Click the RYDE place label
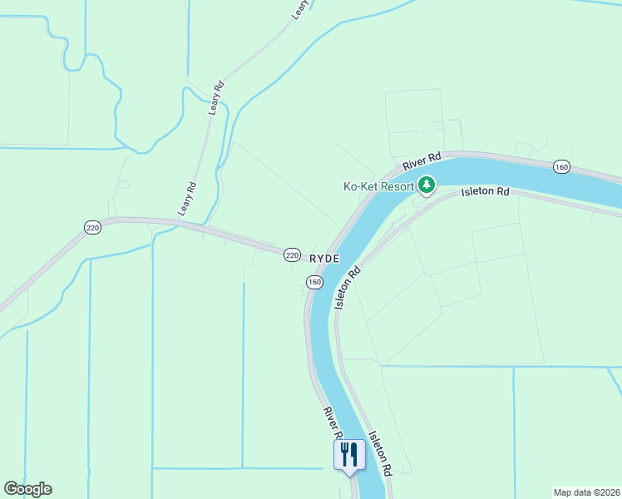point(324,259)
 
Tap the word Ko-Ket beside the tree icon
point(362,186)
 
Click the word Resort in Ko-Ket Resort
point(398,186)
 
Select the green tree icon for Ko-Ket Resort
point(427,185)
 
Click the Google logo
point(27,489)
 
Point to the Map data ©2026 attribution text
point(586,492)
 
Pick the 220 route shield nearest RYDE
point(291,254)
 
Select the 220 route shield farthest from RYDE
point(92,227)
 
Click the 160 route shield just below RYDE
point(314,283)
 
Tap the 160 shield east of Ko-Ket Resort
point(562,167)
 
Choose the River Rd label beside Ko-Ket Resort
point(422,161)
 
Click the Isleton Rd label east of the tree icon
point(486,192)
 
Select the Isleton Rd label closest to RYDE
point(348,288)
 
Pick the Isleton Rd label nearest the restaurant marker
point(380,452)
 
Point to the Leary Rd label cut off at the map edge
point(299,9)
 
